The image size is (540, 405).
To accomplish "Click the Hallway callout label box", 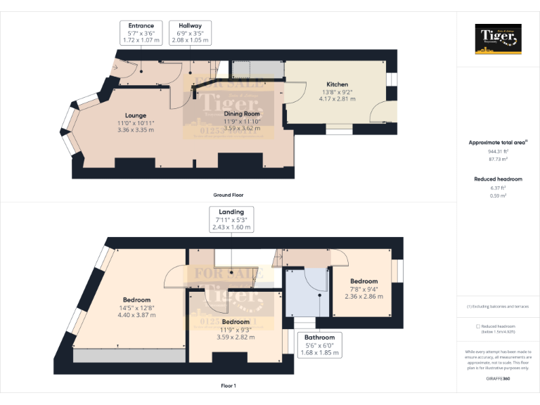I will [x=190, y=32].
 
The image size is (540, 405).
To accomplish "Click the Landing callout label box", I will [x=231, y=219].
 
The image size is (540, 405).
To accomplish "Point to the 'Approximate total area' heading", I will [x=498, y=143].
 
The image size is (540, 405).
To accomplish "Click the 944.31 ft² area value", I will [x=498, y=151].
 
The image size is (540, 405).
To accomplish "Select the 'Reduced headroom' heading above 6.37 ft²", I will [x=498, y=179].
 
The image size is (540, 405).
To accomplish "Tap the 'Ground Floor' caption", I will [x=229, y=195].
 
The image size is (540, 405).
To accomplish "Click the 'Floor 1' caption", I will [x=229, y=385].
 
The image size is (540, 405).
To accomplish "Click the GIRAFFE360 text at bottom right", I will [x=498, y=379].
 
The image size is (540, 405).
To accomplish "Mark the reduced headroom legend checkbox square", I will [x=478, y=326].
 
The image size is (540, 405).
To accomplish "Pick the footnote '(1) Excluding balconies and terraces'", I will [x=498, y=307].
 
